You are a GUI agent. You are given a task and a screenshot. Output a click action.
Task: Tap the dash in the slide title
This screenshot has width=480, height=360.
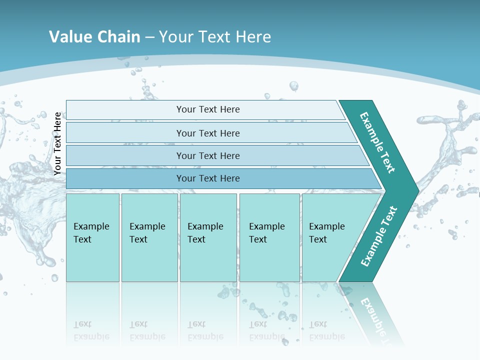point(149,37)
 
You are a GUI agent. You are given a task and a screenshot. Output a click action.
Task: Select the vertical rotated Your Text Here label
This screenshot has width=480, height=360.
point(57,143)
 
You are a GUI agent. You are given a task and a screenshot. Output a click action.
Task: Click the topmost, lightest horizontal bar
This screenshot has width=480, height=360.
point(205,109)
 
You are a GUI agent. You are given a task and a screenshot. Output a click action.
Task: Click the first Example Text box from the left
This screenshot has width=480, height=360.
point(92,237)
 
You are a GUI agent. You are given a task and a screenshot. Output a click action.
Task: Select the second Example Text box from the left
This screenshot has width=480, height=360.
point(149,237)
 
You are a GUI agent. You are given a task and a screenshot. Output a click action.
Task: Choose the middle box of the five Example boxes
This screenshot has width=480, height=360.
point(208,237)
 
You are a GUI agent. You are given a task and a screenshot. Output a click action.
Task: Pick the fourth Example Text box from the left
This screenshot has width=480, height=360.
point(269,237)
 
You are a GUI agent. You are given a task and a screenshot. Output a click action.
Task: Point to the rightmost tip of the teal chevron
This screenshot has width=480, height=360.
point(417,190)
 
